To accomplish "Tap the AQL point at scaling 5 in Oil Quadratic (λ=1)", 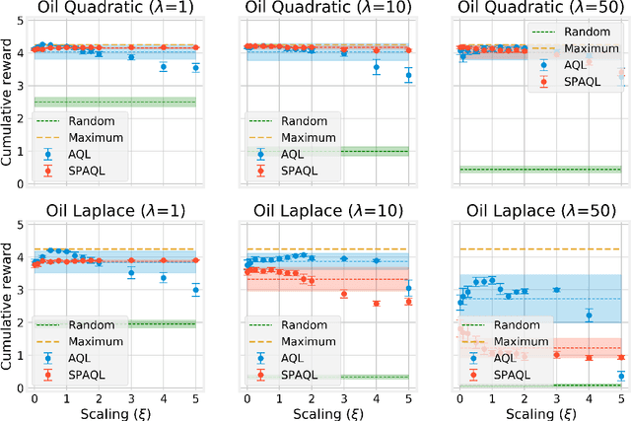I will (x=196, y=68).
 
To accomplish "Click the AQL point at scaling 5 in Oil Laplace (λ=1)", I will (x=196, y=290).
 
